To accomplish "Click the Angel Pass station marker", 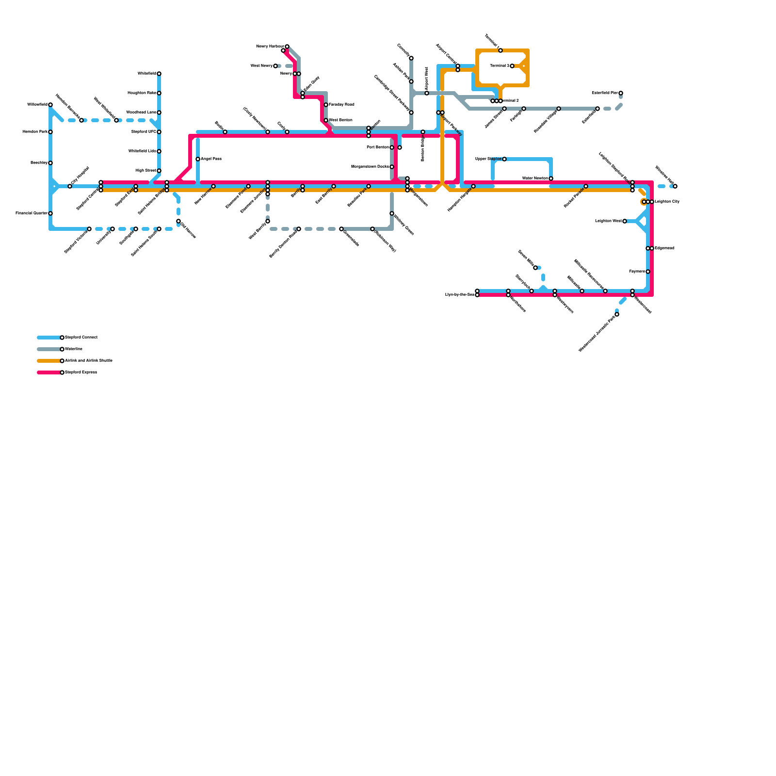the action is point(198,159).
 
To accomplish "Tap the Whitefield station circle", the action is point(159,74).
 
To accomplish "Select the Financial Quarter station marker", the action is point(50,213).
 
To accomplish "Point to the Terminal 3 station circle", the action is point(512,66).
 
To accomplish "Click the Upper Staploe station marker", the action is point(504,159).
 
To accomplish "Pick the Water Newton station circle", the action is point(551,178).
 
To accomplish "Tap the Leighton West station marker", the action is point(625,221).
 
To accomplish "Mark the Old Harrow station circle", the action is point(178,221).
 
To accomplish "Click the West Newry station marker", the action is point(275,66).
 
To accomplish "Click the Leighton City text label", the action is point(667,202).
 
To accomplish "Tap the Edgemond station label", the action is point(664,248).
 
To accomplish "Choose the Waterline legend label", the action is point(74,349).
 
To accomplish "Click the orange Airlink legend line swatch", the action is point(48,361).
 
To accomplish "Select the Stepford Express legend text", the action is point(81,372).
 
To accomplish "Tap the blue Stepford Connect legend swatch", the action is point(48,338).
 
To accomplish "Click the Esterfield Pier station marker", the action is point(621,93).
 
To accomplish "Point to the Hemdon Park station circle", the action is point(50,132).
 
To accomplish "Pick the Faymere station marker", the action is point(648,272).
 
